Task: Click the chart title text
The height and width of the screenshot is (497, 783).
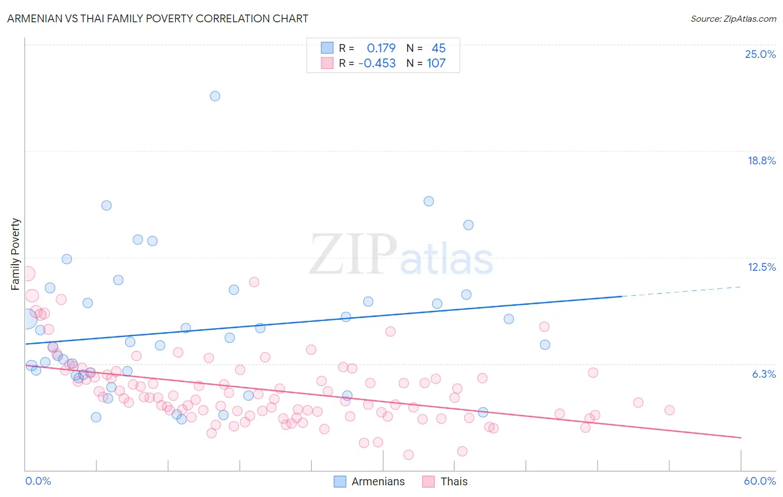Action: point(158,18)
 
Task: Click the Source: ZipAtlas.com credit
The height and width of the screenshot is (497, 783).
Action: point(733,18)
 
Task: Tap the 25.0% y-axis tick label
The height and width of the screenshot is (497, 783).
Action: point(760,54)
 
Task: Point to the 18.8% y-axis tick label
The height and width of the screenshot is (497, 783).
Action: point(761,160)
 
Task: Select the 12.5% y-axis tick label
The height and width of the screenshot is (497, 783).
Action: point(761,267)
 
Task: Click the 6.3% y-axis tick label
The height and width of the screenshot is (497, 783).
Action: point(764,374)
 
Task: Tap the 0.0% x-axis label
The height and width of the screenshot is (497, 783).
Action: point(38,481)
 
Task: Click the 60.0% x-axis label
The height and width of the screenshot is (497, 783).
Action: point(760,481)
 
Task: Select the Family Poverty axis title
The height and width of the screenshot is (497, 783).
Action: point(16,254)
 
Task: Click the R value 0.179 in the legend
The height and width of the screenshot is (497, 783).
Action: point(381,48)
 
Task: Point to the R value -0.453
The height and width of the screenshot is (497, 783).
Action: point(377,63)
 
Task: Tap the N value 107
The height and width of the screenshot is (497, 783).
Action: point(436,63)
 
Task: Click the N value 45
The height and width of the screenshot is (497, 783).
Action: point(438,48)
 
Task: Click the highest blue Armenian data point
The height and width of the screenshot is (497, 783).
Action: point(215,96)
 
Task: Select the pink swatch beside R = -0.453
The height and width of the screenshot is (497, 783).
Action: point(327,63)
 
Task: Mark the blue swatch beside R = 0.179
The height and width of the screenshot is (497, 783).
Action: point(327,48)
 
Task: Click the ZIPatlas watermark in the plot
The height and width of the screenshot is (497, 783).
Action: point(401,255)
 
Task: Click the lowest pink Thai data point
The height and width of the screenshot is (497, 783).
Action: point(408,455)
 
